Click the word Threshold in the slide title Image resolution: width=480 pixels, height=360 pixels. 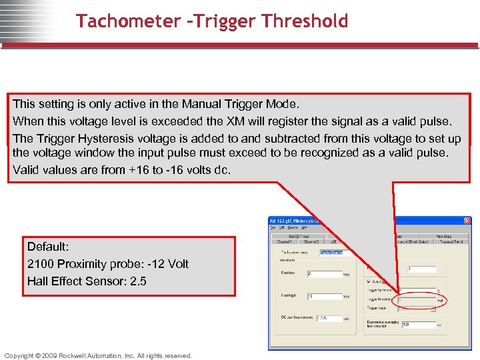(x=305, y=21)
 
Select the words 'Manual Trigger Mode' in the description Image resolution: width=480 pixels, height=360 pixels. (x=249, y=104)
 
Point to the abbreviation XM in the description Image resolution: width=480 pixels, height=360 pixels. (x=235, y=121)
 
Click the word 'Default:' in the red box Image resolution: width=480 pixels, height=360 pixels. (x=49, y=247)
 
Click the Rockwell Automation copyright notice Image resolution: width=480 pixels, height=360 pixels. (x=98, y=355)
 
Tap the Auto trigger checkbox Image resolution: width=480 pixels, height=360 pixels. (x=368, y=281)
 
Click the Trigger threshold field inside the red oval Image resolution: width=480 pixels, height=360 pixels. (x=417, y=301)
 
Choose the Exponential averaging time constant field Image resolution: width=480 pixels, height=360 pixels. (x=418, y=325)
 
